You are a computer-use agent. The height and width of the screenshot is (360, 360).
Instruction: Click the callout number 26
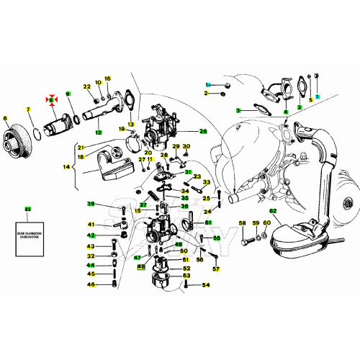(x=203, y=131)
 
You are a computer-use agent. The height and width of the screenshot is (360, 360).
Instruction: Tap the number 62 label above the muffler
(x=273, y=211)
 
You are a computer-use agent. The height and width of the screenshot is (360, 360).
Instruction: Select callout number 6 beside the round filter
(x=5, y=118)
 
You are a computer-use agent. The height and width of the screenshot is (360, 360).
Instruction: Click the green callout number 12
(x=97, y=132)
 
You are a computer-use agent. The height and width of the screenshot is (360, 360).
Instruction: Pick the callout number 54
(x=205, y=285)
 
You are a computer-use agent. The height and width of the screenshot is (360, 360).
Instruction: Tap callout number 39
(x=91, y=204)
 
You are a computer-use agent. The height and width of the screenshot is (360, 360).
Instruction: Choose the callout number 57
(x=215, y=269)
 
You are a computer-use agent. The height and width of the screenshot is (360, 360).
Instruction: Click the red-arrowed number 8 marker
(x=52, y=98)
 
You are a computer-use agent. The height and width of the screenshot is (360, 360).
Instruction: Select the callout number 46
(x=91, y=284)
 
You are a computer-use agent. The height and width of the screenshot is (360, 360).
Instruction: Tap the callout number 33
(x=207, y=183)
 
